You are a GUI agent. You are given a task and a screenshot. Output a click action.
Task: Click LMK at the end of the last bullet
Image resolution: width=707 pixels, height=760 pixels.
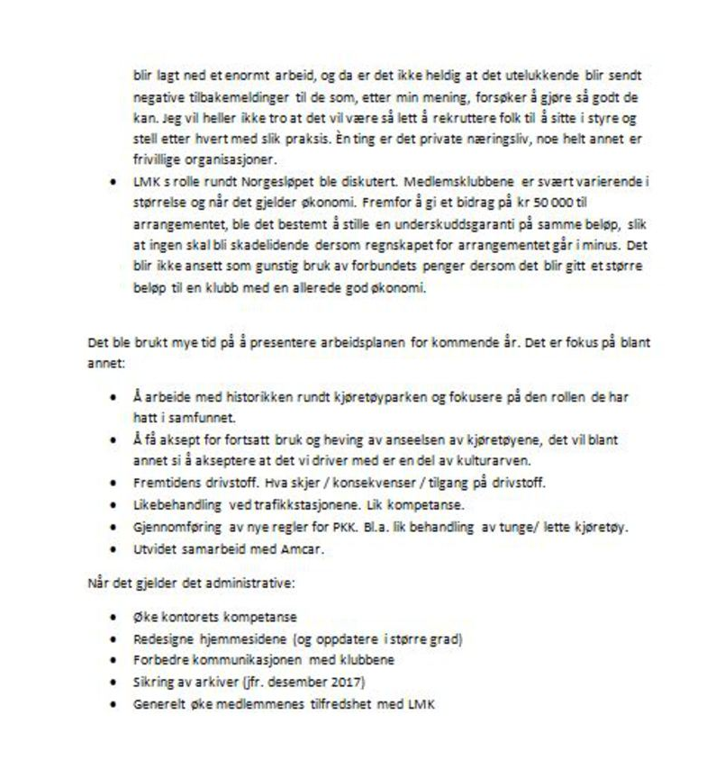coord(421,701)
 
